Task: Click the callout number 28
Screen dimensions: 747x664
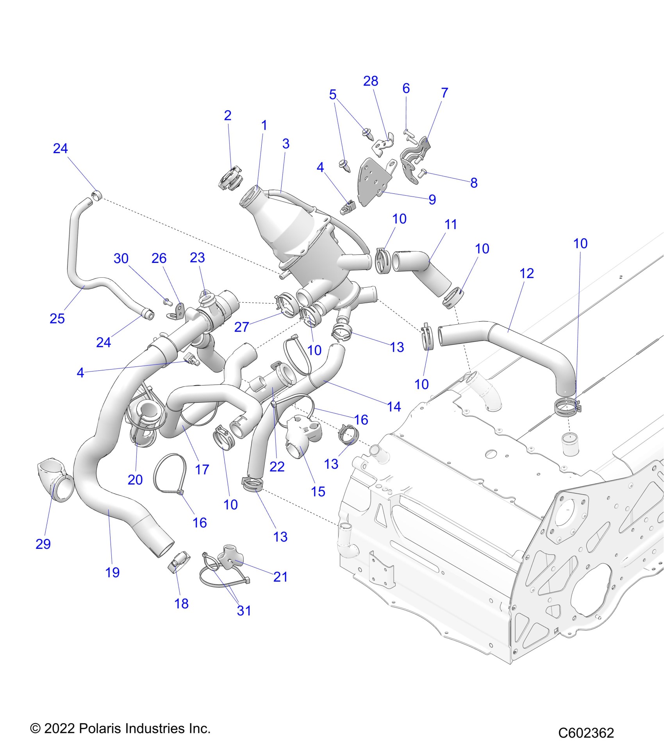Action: [370, 81]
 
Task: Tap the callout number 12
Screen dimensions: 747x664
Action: [527, 273]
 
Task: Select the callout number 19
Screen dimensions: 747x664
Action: [112, 573]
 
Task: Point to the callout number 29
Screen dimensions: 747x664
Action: [43, 544]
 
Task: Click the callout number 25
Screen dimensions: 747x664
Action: [57, 319]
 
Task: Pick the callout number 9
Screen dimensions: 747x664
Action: [432, 200]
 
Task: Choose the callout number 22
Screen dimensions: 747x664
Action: [277, 466]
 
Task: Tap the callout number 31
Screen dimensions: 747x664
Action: [244, 611]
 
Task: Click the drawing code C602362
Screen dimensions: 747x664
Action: [586, 733]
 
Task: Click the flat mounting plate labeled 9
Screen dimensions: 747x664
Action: [373, 180]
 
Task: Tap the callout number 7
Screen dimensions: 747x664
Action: [444, 93]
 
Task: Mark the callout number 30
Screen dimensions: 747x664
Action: [121, 259]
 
